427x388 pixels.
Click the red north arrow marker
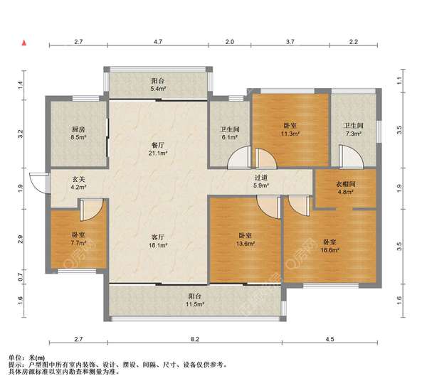pyautogui.click(x=24, y=43)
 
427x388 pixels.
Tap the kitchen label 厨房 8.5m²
pyautogui.click(x=78, y=133)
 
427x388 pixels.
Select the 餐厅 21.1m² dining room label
pyautogui.click(x=158, y=149)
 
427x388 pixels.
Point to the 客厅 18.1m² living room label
pyautogui.click(x=158, y=241)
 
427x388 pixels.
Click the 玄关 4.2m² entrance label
pyautogui.click(x=78, y=183)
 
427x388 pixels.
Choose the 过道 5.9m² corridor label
pyautogui.click(x=261, y=181)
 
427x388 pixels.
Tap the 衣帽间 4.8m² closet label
pyautogui.click(x=345, y=188)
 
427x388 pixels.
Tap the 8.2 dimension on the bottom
pyautogui.click(x=195, y=339)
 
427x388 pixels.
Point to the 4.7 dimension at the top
pyautogui.click(x=158, y=42)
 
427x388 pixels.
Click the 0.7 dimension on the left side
pyautogui.click(x=20, y=277)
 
